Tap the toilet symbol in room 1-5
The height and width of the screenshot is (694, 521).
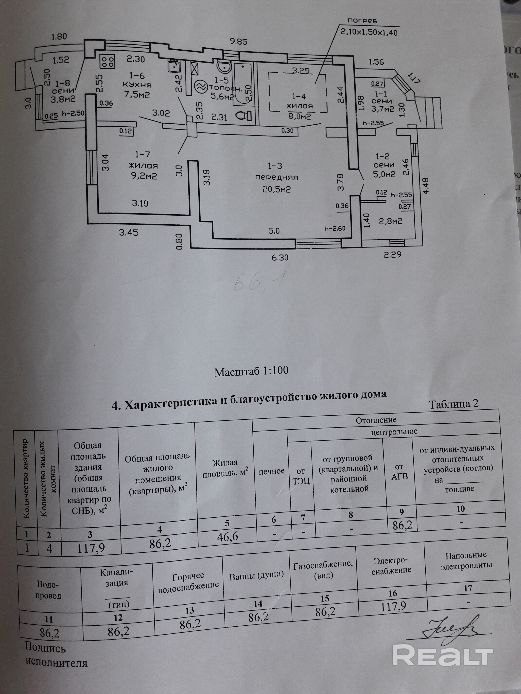[x=244, y=116]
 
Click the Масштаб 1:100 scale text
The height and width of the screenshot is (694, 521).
[x=251, y=371]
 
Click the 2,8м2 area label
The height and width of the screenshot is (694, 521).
[x=391, y=221]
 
